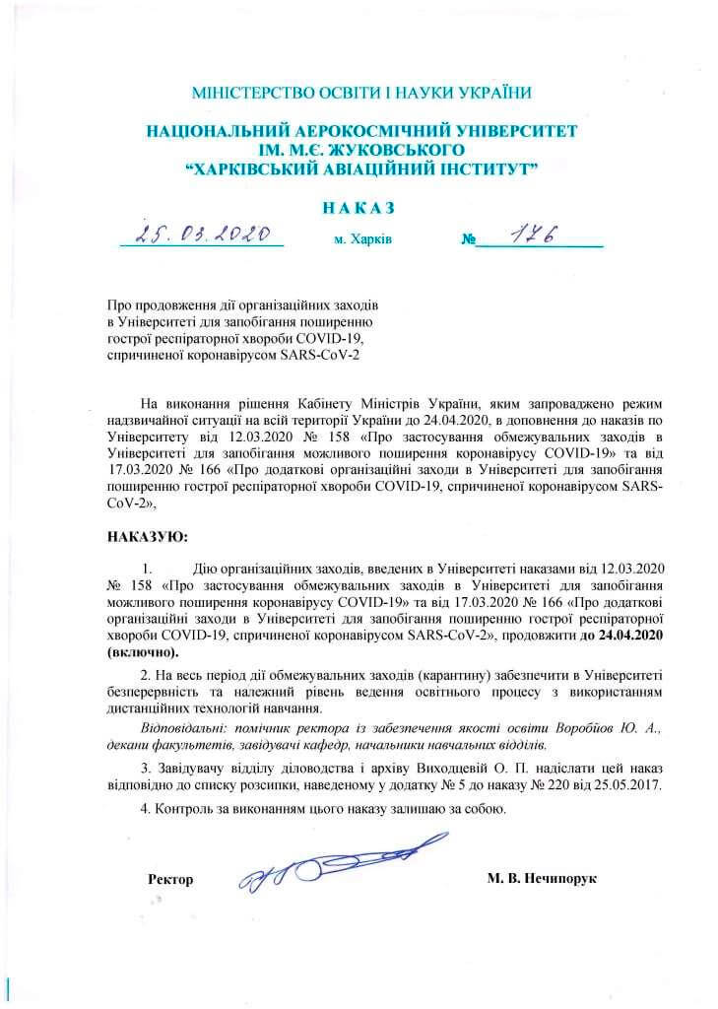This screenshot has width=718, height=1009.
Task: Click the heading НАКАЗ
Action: (x=359, y=209)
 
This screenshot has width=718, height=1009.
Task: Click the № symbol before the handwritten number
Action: (x=469, y=239)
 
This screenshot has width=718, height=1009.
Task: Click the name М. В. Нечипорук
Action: (x=542, y=878)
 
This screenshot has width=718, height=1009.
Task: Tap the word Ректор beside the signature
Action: (x=169, y=878)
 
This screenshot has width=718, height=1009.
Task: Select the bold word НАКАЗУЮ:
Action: (x=145, y=538)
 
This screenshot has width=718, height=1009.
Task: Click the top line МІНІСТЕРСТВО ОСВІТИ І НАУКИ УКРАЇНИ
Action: (x=360, y=94)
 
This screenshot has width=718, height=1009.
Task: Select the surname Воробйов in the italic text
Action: (x=585, y=727)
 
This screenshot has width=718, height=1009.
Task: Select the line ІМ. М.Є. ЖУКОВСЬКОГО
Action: (x=360, y=148)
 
